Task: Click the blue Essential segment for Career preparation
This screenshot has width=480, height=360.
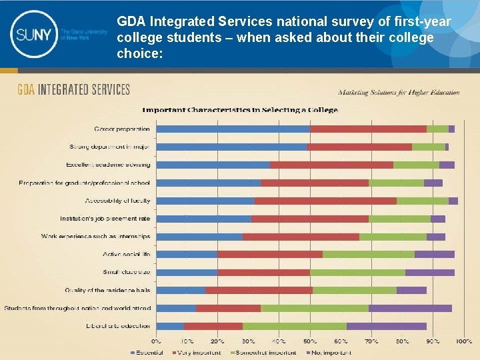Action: pos(233,129)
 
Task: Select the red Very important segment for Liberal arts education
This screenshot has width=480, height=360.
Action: pos(213,326)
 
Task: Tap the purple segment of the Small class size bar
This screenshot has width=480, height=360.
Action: pos(429,272)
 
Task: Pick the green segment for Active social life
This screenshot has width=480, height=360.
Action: pos(368,254)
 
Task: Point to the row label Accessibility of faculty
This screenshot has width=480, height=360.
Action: pos(117,201)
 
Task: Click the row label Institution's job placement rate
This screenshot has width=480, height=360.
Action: pos(105,219)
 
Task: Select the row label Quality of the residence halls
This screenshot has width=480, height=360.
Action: pos(107,290)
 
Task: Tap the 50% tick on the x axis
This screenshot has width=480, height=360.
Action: pos(310,341)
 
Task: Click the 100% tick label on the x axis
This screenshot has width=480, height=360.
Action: pos(463,341)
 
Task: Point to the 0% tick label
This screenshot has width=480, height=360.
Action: pos(156,341)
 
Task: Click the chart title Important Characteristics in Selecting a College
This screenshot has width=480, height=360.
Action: pos(240,110)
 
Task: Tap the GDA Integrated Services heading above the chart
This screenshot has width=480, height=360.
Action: pos(73,89)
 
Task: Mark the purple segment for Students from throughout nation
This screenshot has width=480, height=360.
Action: pos(410,308)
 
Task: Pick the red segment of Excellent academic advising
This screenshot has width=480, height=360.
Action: pos(331,165)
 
